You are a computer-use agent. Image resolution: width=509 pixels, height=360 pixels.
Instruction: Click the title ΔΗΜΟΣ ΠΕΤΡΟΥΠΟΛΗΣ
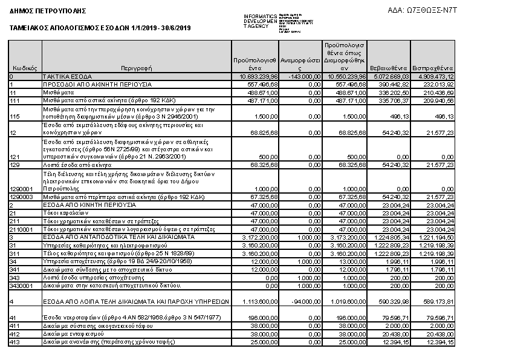[48, 11]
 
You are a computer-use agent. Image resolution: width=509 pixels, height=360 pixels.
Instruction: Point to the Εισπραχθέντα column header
[433, 68]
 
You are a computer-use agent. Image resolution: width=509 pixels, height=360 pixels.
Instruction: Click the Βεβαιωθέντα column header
[389, 68]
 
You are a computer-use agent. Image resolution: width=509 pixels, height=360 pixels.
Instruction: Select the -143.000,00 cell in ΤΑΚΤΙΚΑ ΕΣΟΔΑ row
[302, 77]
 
